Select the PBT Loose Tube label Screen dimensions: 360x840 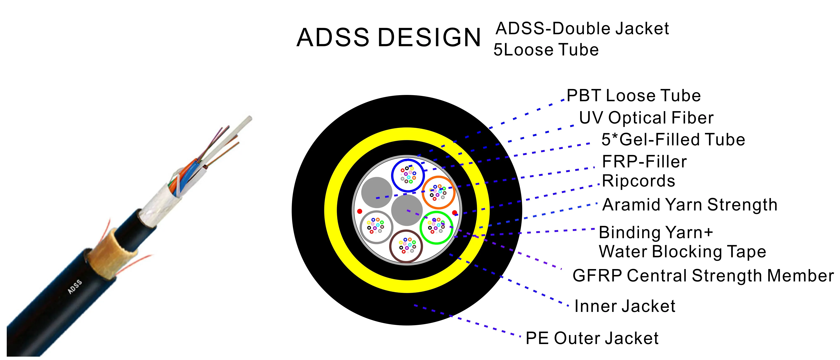pos(634,96)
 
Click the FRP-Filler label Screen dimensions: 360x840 pos(644,162)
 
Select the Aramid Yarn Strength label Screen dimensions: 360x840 pos(690,205)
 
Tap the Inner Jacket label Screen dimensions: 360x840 pos(625,306)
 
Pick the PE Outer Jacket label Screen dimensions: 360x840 pos(592,338)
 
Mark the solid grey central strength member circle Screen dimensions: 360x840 pos(407,210)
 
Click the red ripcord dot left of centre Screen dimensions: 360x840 pos(360,211)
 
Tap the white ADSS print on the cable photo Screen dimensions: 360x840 pos(75,287)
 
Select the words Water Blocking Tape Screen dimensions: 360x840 pos(682,252)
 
